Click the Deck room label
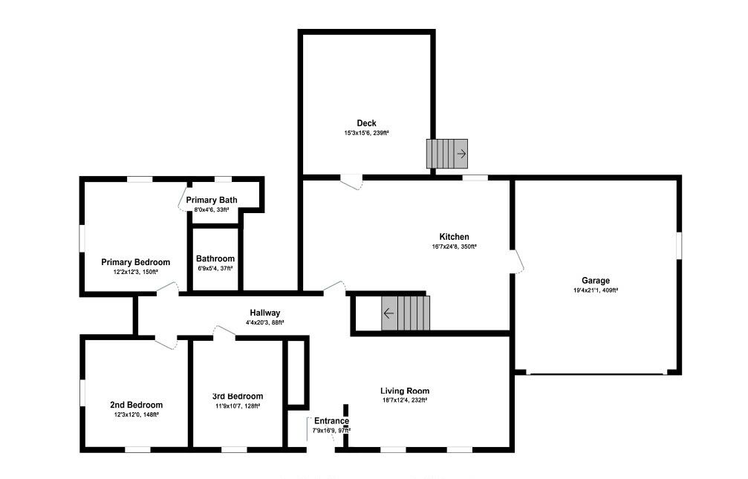[x=366, y=123]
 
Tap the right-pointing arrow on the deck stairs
[x=461, y=154]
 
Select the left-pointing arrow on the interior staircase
[x=388, y=313]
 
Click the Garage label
[x=595, y=281]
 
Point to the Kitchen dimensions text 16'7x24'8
[x=443, y=247]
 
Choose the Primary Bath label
[x=212, y=200]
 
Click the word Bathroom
[x=215, y=258]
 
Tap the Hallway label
[x=264, y=313]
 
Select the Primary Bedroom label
[x=135, y=262]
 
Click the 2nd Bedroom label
[x=137, y=405]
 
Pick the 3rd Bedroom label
[x=238, y=396]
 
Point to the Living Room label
[x=405, y=391]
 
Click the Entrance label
[x=331, y=421]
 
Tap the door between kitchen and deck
[x=351, y=182]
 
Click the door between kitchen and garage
[x=517, y=261]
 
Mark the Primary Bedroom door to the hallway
[x=167, y=288]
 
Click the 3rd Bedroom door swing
[x=224, y=332]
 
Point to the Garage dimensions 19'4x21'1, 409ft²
[x=596, y=290]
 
